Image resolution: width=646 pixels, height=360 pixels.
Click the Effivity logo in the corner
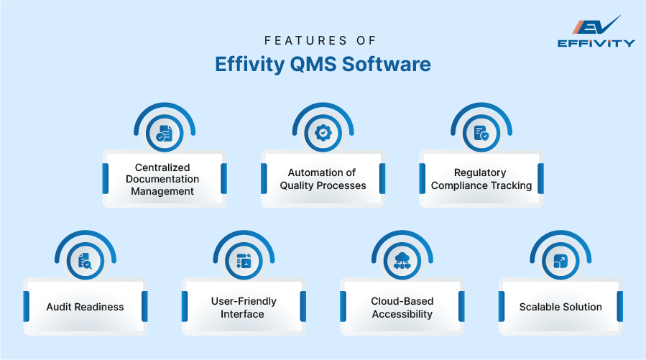(596, 32)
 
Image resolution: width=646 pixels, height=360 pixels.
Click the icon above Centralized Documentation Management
(165, 133)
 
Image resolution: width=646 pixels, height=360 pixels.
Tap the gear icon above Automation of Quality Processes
(323, 133)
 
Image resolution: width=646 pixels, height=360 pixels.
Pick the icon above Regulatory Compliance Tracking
(481, 133)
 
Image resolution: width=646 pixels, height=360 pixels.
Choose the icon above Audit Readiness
(85, 261)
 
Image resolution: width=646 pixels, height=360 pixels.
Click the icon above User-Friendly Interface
(244, 261)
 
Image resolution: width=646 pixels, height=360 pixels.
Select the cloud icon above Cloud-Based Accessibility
(402, 261)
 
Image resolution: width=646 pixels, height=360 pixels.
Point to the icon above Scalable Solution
(560, 261)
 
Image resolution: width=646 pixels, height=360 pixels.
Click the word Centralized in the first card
(162, 167)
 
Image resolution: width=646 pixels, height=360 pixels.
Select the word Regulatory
(480, 172)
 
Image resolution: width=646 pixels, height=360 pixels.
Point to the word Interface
(243, 314)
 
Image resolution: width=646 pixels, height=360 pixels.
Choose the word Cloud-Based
(402, 301)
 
